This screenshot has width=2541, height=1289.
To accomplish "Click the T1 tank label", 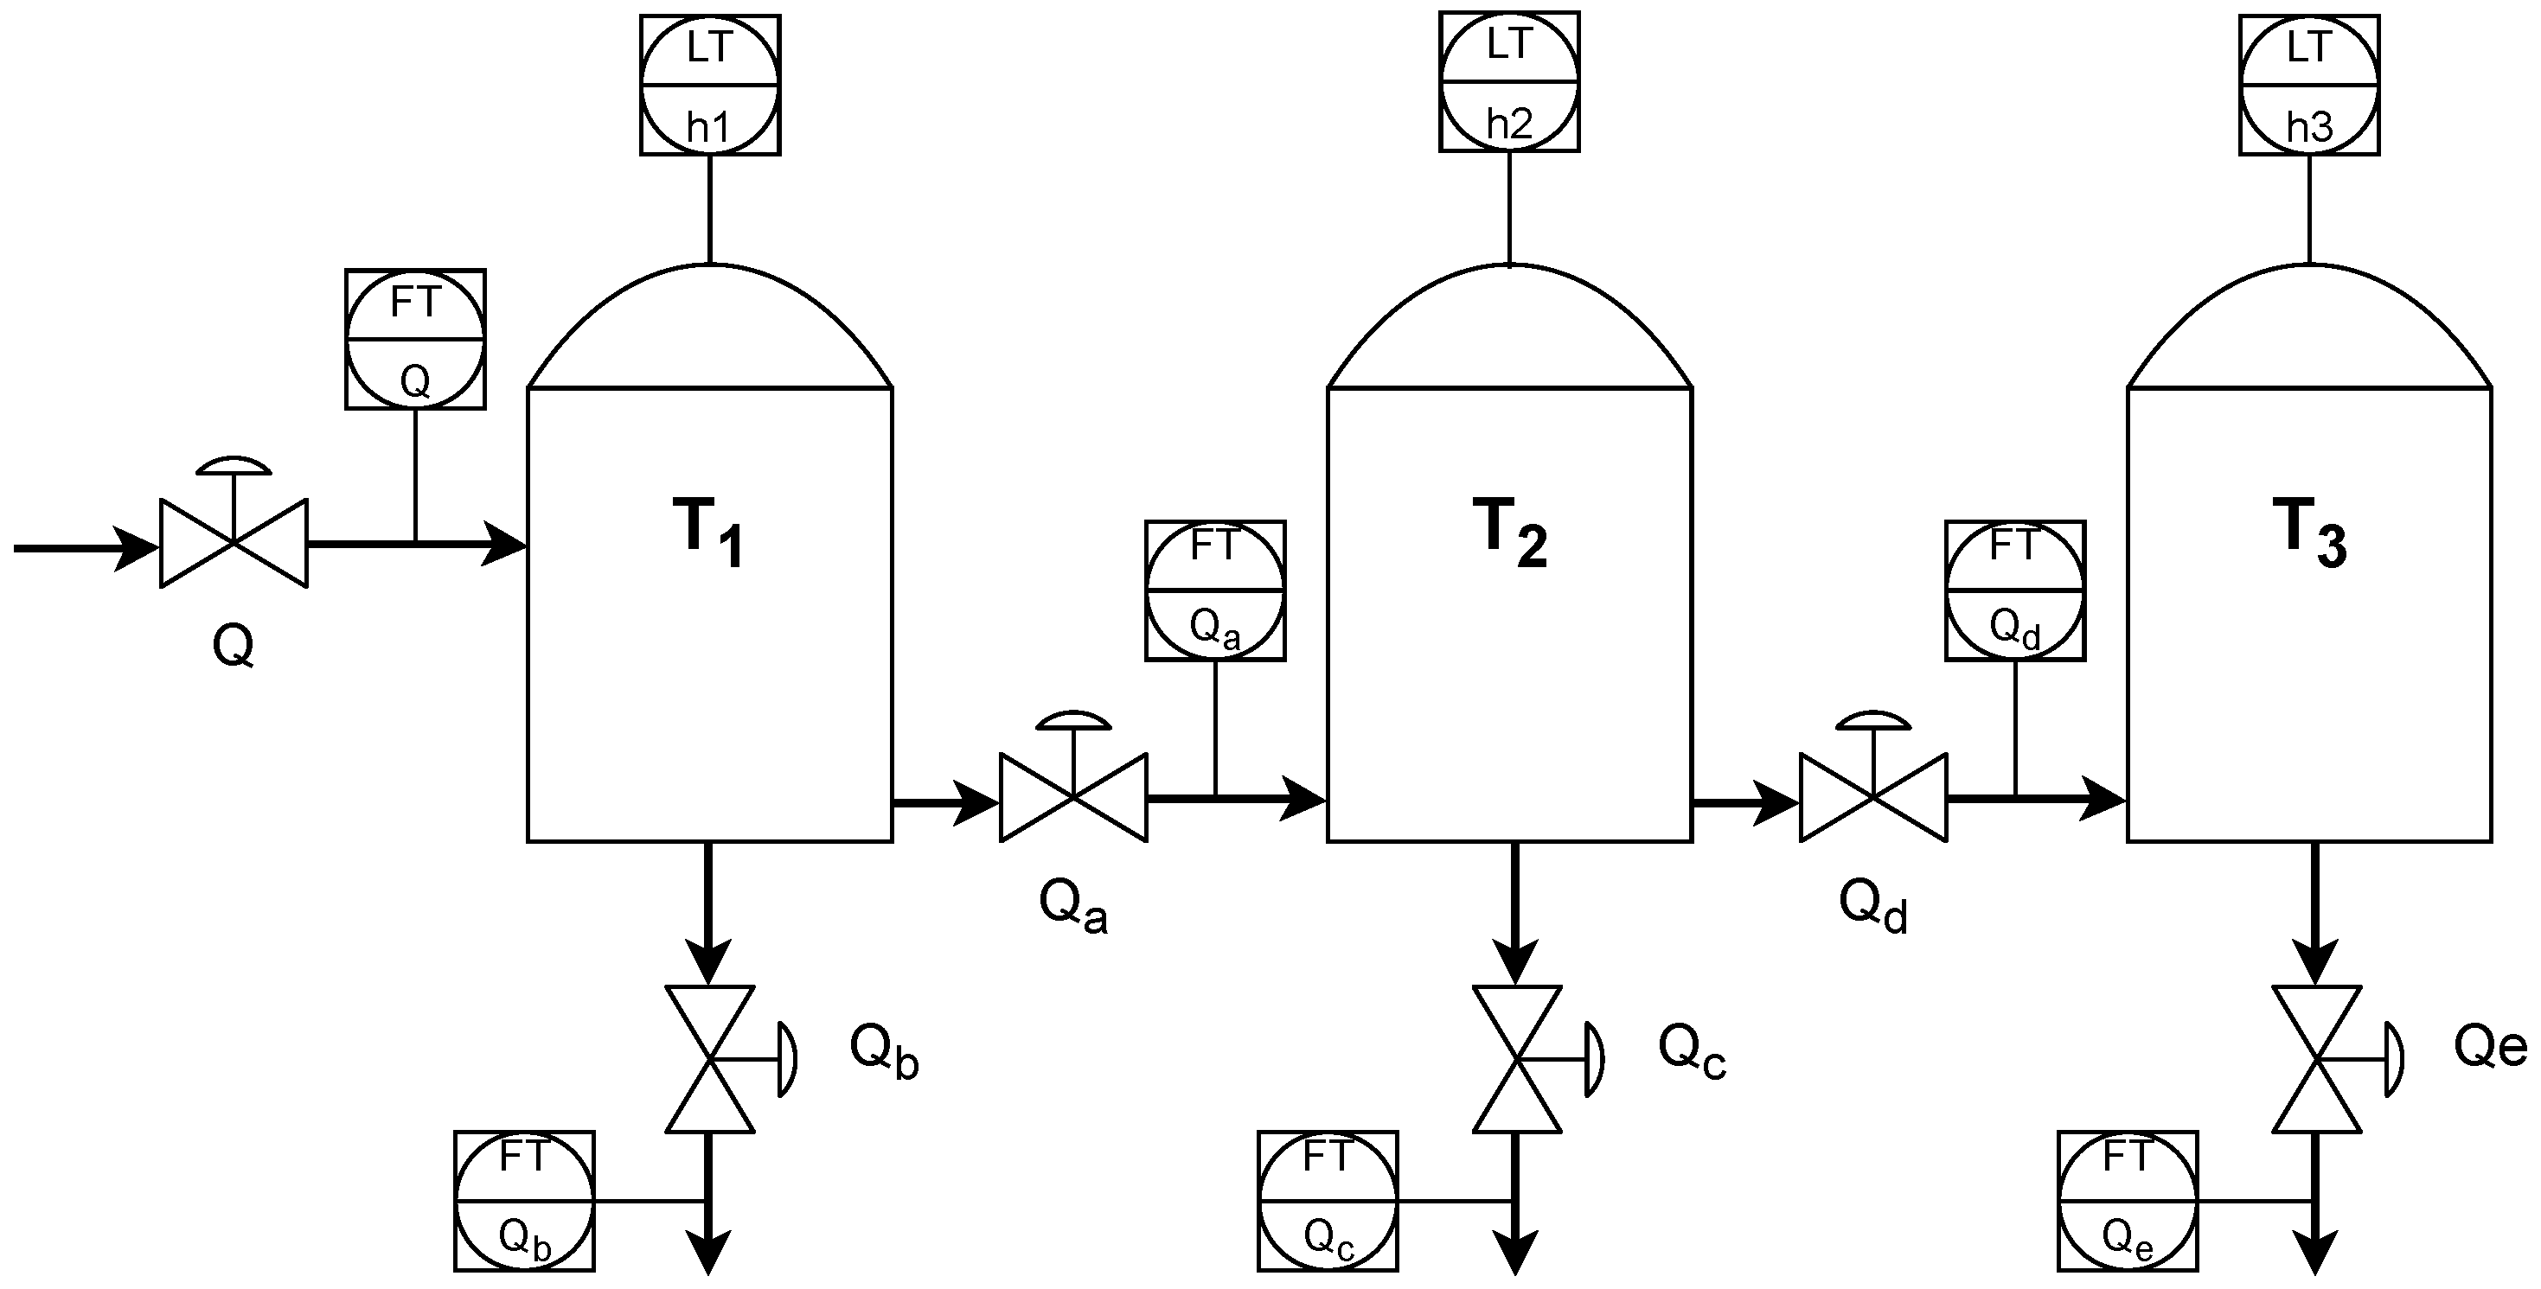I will [708, 533].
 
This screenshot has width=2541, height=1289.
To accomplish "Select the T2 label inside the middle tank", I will [1509, 533].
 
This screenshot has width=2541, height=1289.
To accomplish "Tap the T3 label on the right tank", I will [2308, 533].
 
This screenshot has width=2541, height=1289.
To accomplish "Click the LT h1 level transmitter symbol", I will [710, 85].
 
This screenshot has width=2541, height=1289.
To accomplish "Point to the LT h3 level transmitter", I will [2309, 85].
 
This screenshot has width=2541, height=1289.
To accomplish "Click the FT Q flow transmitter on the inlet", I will [415, 338].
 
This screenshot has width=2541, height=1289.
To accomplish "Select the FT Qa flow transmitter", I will [1215, 590].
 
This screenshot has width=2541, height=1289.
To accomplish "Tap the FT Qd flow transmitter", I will [2015, 590].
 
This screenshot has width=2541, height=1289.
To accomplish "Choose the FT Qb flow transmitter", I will [525, 1200].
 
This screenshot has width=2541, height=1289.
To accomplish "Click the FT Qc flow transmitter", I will [1328, 1200].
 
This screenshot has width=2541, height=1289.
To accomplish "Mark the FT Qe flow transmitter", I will [2128, 1200].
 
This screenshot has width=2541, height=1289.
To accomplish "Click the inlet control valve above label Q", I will [234, 541].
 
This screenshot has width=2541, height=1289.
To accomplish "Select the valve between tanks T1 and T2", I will [1073, 796].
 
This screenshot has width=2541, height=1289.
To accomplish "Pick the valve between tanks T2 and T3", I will [1873, 796].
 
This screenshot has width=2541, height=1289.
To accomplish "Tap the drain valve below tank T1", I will [710, 1059].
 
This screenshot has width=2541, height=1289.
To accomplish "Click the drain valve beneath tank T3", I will [2316, 1059].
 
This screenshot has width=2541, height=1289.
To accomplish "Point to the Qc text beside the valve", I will [1691, 1051].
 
